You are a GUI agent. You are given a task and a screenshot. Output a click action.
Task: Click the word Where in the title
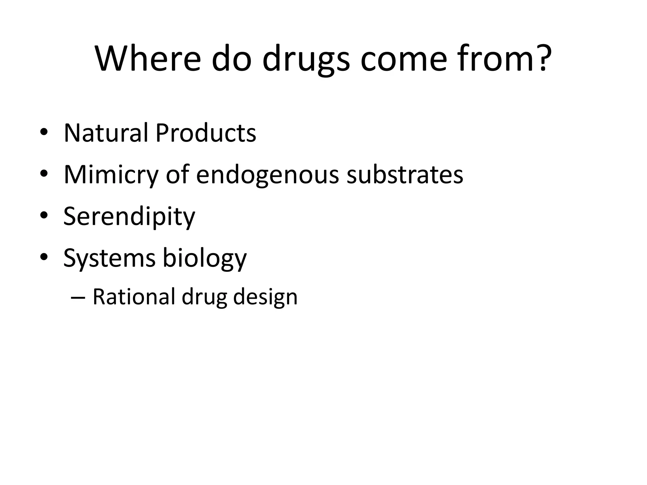click(x=148, y=59)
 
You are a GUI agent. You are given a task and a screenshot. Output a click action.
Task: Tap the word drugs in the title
click(x=306, y=60)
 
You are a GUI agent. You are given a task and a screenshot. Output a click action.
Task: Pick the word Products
click(x=206, y=133)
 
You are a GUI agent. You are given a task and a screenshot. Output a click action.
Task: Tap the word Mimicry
click(x=111, y=175)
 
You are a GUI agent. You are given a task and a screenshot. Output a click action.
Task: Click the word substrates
click(x=405, y=174)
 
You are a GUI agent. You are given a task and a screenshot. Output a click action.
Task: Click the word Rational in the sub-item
click(x=134, y=297)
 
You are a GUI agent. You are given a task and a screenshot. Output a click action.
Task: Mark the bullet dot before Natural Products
click(x=44, y=133)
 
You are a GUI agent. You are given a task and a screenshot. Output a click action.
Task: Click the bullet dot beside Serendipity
click(x=44, y=216)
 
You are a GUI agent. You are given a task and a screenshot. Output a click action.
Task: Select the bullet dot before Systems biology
click(x=44, y=257)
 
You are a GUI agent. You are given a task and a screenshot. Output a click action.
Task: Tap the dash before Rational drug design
click(x=78, y=298)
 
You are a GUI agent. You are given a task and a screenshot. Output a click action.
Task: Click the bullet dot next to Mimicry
click(x=44, y=174)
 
